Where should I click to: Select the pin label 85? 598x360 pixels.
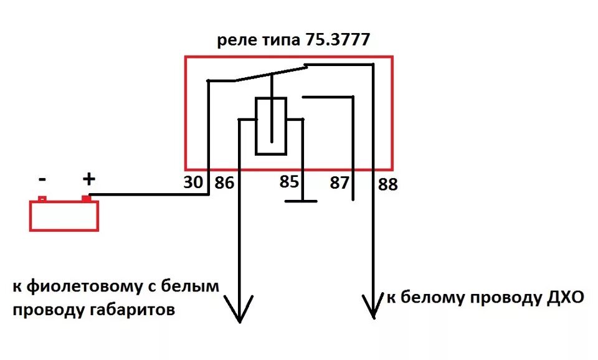click(288, 182)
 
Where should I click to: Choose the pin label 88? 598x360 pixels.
click(387, 184)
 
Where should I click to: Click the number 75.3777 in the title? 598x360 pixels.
click(338, 40)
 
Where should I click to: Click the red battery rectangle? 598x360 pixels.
click(64, 216)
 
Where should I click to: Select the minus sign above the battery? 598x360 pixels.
click(42, 180)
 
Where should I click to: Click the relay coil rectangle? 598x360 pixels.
click(271, 125)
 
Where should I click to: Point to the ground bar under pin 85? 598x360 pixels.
click(301, 201)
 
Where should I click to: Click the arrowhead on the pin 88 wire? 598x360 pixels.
click(373, 307)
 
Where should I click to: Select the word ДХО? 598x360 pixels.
click(562, 298)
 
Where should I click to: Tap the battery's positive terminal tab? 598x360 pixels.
click(86, 199)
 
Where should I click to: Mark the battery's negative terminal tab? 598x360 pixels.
click(42, 199)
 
